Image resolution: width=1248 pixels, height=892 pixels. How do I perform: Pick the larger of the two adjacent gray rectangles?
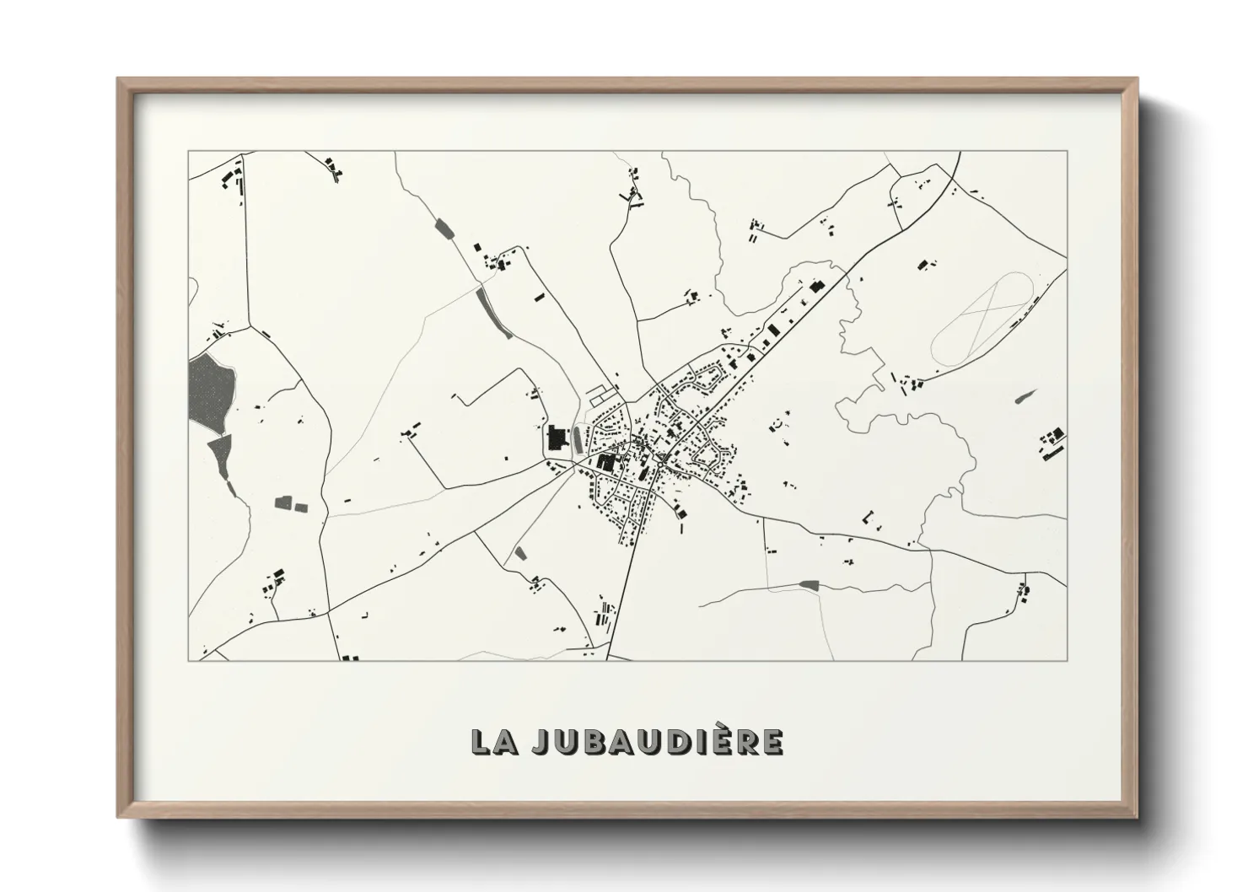pyautogui.click(x=282, y=503)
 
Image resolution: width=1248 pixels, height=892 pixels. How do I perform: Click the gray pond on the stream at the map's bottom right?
pyautogui.click(x=809, y=583)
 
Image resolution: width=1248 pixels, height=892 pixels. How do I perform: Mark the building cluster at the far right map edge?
pyautogui.click(x=1051, y=443)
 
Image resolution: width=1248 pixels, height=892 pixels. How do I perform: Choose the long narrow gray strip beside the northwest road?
pyautogui.click(x=494, y=313)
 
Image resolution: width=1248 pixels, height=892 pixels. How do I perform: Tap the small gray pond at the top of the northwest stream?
pyautogui.click(x=443, y=227)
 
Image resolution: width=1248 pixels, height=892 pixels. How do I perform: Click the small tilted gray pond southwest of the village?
pyautogui.click(x=520, y=553)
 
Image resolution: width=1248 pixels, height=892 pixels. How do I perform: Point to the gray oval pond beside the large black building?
pyautogui.click(x=577, y=438)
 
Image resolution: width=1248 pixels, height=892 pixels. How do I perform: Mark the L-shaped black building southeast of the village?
pyautogui.click(x=870, y=515)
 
